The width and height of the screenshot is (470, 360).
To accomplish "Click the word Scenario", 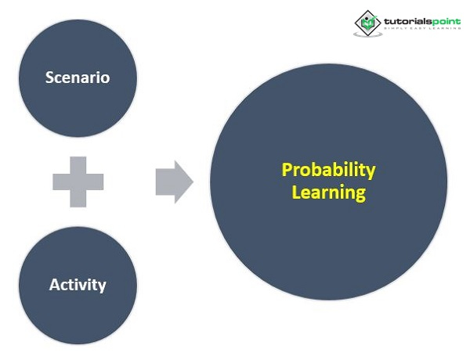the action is click(78, 77).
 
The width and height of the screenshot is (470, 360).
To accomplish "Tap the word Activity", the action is click(78, 285).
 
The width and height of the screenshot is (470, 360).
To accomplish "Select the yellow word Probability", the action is click(328, 171).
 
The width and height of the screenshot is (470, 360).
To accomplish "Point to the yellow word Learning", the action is click(329, 193).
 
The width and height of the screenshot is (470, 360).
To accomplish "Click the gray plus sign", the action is click(78, 182).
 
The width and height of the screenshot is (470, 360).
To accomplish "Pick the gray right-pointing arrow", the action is click(175, 182).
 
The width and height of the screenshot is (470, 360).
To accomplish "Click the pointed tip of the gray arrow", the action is click(193, 182).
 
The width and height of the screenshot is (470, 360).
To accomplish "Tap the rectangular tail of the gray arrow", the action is click(165, 182).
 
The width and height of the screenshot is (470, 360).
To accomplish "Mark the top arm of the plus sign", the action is click(78, 165).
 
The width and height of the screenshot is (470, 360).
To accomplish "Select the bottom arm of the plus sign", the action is click(78, 199).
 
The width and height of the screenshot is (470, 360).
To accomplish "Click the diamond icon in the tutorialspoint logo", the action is click(368, 23).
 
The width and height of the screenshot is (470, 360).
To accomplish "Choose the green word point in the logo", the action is click(446, 22).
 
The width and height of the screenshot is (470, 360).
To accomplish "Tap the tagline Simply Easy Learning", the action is click(423, 28).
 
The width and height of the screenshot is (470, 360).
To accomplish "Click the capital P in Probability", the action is click(287, 170).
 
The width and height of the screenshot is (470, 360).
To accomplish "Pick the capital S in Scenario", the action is click(49, 77).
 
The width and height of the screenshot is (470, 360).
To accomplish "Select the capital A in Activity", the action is click(54, 285).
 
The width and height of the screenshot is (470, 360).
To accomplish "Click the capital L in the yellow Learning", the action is click(295, 193).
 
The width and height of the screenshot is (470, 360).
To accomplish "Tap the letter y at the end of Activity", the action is click(102, 287).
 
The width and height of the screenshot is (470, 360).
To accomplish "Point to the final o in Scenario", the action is click(106, 79).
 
